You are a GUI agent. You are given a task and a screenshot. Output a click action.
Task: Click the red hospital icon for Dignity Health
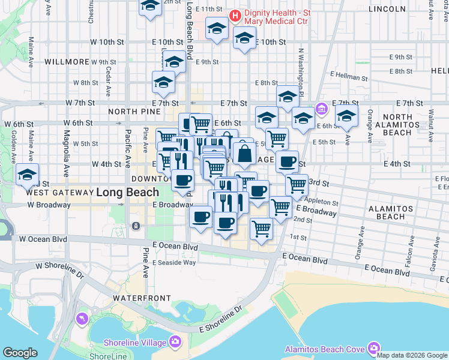[235, 15]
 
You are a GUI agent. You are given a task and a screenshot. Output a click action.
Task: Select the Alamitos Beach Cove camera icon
[374, 348]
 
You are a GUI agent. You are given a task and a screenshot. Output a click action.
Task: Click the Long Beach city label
[127, 193]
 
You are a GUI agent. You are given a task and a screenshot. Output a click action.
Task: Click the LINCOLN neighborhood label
[387, 9]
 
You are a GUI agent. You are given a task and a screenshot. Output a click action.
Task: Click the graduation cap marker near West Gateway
[27, 175]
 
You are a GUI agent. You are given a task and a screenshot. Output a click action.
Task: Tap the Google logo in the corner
[20, 353]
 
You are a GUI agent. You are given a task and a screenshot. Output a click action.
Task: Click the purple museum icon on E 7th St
[322, 109]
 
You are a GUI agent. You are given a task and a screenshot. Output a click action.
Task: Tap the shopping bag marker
[245, 154]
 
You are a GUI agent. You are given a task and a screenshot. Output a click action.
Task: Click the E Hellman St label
[352, 77]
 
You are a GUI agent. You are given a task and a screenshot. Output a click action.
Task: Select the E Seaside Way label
[174, 262]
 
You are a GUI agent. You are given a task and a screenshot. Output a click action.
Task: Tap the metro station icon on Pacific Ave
[136, 226]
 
